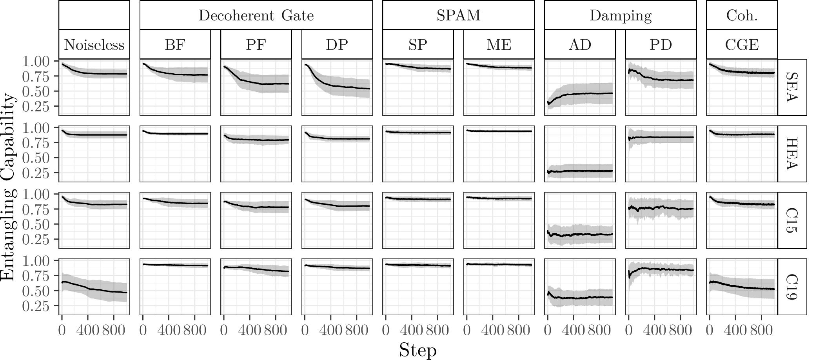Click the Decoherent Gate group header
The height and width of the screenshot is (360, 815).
[256, 15]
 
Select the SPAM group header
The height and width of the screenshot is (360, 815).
[458, 15]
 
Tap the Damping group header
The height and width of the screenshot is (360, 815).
[620, 15]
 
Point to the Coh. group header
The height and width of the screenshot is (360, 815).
[742, 15]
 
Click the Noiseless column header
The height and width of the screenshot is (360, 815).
[94, 45]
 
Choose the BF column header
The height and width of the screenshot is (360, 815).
[175, 45]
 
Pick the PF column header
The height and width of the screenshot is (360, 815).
[256, 45]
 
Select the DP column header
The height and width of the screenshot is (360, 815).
[337, 45]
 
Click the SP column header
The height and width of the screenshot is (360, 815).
[418, 45]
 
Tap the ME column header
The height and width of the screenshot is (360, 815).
[499, 45]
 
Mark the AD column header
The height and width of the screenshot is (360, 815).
[580, 45]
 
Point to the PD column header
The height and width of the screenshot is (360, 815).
[661, 45]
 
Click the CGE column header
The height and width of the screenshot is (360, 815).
[742, 45]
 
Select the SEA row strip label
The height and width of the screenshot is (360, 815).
[792, 87]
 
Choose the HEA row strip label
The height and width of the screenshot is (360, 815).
[792, 154]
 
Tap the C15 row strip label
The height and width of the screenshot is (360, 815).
[792, 220]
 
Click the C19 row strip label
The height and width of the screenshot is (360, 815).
[792, 287]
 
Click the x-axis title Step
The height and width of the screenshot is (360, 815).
[417, 349]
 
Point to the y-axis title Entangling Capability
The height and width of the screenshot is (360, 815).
[9, 187]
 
